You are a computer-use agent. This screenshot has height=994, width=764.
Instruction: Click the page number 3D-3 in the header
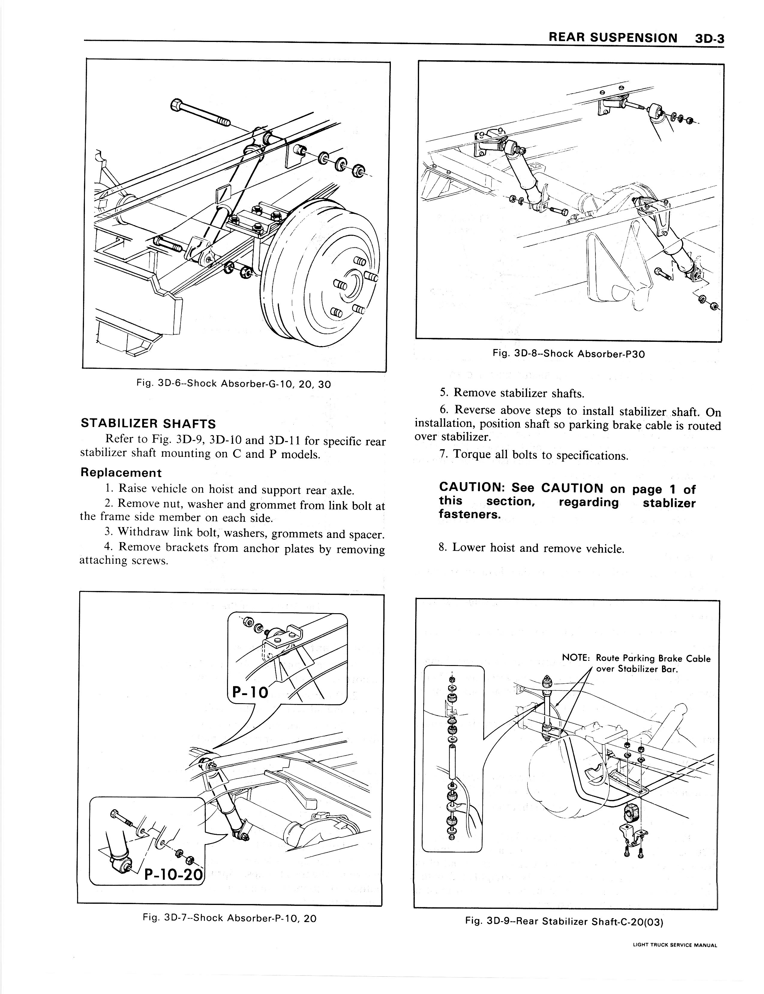coord(709,38)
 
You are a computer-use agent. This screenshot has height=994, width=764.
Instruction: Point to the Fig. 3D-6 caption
coord(234,384)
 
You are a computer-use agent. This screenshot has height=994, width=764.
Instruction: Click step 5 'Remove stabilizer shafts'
coord(512,393)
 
